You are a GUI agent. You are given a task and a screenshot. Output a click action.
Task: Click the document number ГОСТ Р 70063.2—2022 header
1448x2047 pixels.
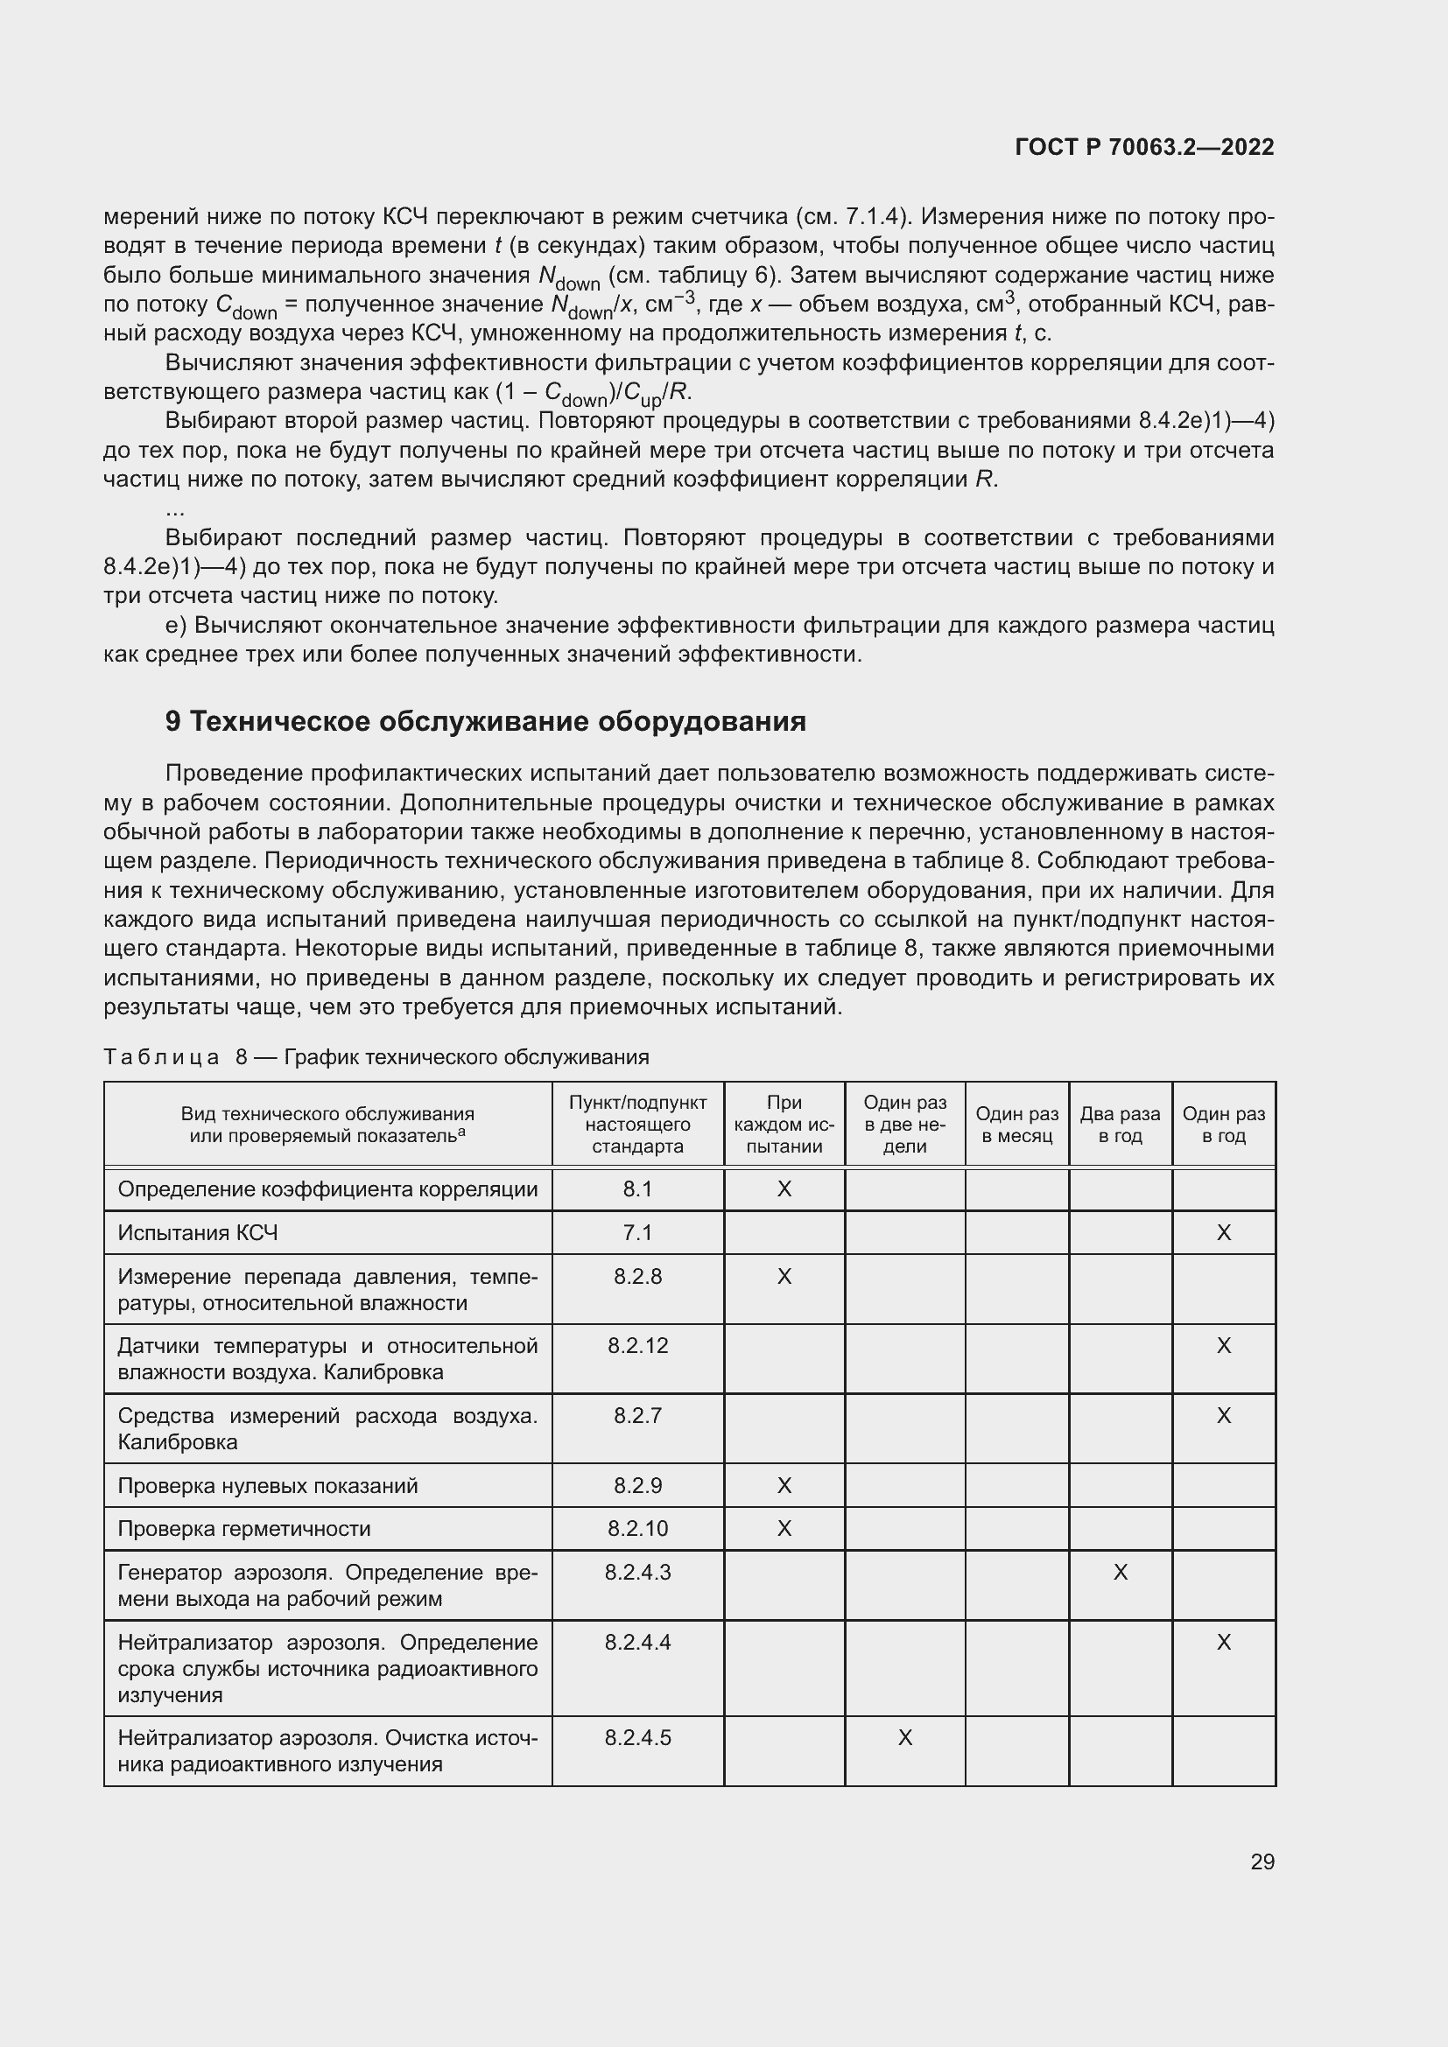coord(1144,147)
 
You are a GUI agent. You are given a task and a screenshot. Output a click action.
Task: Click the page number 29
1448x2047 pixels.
coord(1262,1861)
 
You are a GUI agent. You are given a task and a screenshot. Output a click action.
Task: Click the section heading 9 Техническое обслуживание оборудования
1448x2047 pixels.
coord(485,721)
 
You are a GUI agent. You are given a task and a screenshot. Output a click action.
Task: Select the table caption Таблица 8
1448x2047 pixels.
coord(376,1057)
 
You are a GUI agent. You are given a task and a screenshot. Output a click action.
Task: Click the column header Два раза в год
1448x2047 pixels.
coord(1120,1125)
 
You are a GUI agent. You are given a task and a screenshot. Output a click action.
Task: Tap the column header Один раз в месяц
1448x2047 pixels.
coord(1016,1125)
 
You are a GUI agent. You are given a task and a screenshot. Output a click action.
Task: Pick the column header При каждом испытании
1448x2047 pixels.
coord(784,1125)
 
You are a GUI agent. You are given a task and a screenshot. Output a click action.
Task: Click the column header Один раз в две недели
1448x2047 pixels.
coord(904,1125)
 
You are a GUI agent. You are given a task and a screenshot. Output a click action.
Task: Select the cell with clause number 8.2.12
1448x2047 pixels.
coord(637,1345)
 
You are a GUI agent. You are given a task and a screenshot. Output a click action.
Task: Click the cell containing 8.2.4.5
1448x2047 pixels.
coord(637,1738)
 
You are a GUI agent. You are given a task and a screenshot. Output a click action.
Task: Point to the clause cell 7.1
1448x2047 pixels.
coord(637,1233)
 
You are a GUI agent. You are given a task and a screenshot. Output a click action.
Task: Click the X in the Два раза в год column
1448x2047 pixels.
coord(1120,1573)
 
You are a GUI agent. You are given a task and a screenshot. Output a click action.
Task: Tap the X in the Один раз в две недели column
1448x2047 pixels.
coord(904,1738)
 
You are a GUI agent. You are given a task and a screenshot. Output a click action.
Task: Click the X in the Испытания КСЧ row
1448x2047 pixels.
coord(1223,1233)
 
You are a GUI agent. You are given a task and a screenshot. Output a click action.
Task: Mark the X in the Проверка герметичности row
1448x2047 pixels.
coord(784,1529)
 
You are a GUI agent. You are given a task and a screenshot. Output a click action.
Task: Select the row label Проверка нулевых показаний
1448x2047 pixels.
coord(268,1485)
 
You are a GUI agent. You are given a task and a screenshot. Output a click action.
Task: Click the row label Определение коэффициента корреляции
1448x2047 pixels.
coord(327,1189)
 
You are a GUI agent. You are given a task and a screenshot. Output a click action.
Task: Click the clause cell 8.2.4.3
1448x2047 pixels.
coord(637,1573)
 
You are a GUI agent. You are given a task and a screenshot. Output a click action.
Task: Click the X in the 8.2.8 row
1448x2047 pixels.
coord(784,1277)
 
